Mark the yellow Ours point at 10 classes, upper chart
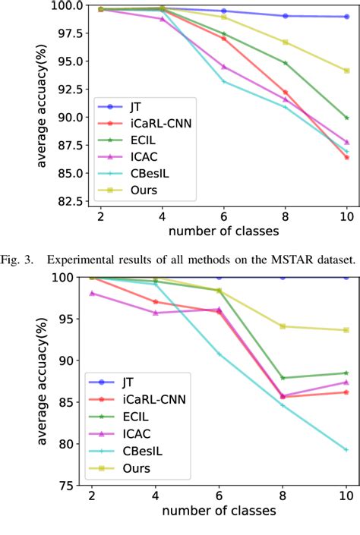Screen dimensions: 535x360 tap(346, 71)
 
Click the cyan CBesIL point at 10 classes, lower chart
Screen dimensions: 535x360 tap(346, 449)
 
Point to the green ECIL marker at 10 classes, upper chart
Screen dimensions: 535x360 tap(346, 118)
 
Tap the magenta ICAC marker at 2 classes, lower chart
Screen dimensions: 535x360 tap(92, 293)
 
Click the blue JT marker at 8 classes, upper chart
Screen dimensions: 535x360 tap(285, 16)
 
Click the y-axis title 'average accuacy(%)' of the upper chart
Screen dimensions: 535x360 tap(43, 103)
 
